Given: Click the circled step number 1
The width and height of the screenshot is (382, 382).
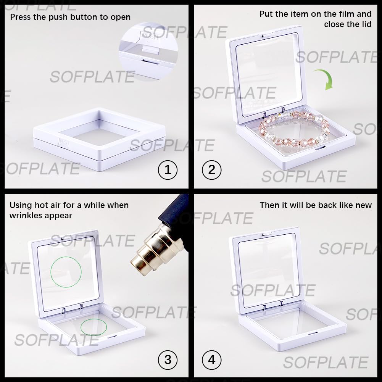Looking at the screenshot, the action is (x=168, y=170).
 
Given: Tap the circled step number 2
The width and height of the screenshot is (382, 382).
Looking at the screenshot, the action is (x=212, y=170).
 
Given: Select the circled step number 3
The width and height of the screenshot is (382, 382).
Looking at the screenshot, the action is (x=168, y=360).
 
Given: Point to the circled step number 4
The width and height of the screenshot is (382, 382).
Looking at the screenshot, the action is (x=212, y=360).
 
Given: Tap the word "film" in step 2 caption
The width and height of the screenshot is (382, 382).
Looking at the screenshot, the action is (x=346, y=14).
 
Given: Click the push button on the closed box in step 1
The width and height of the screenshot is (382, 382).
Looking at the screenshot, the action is (x=64, y=142).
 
